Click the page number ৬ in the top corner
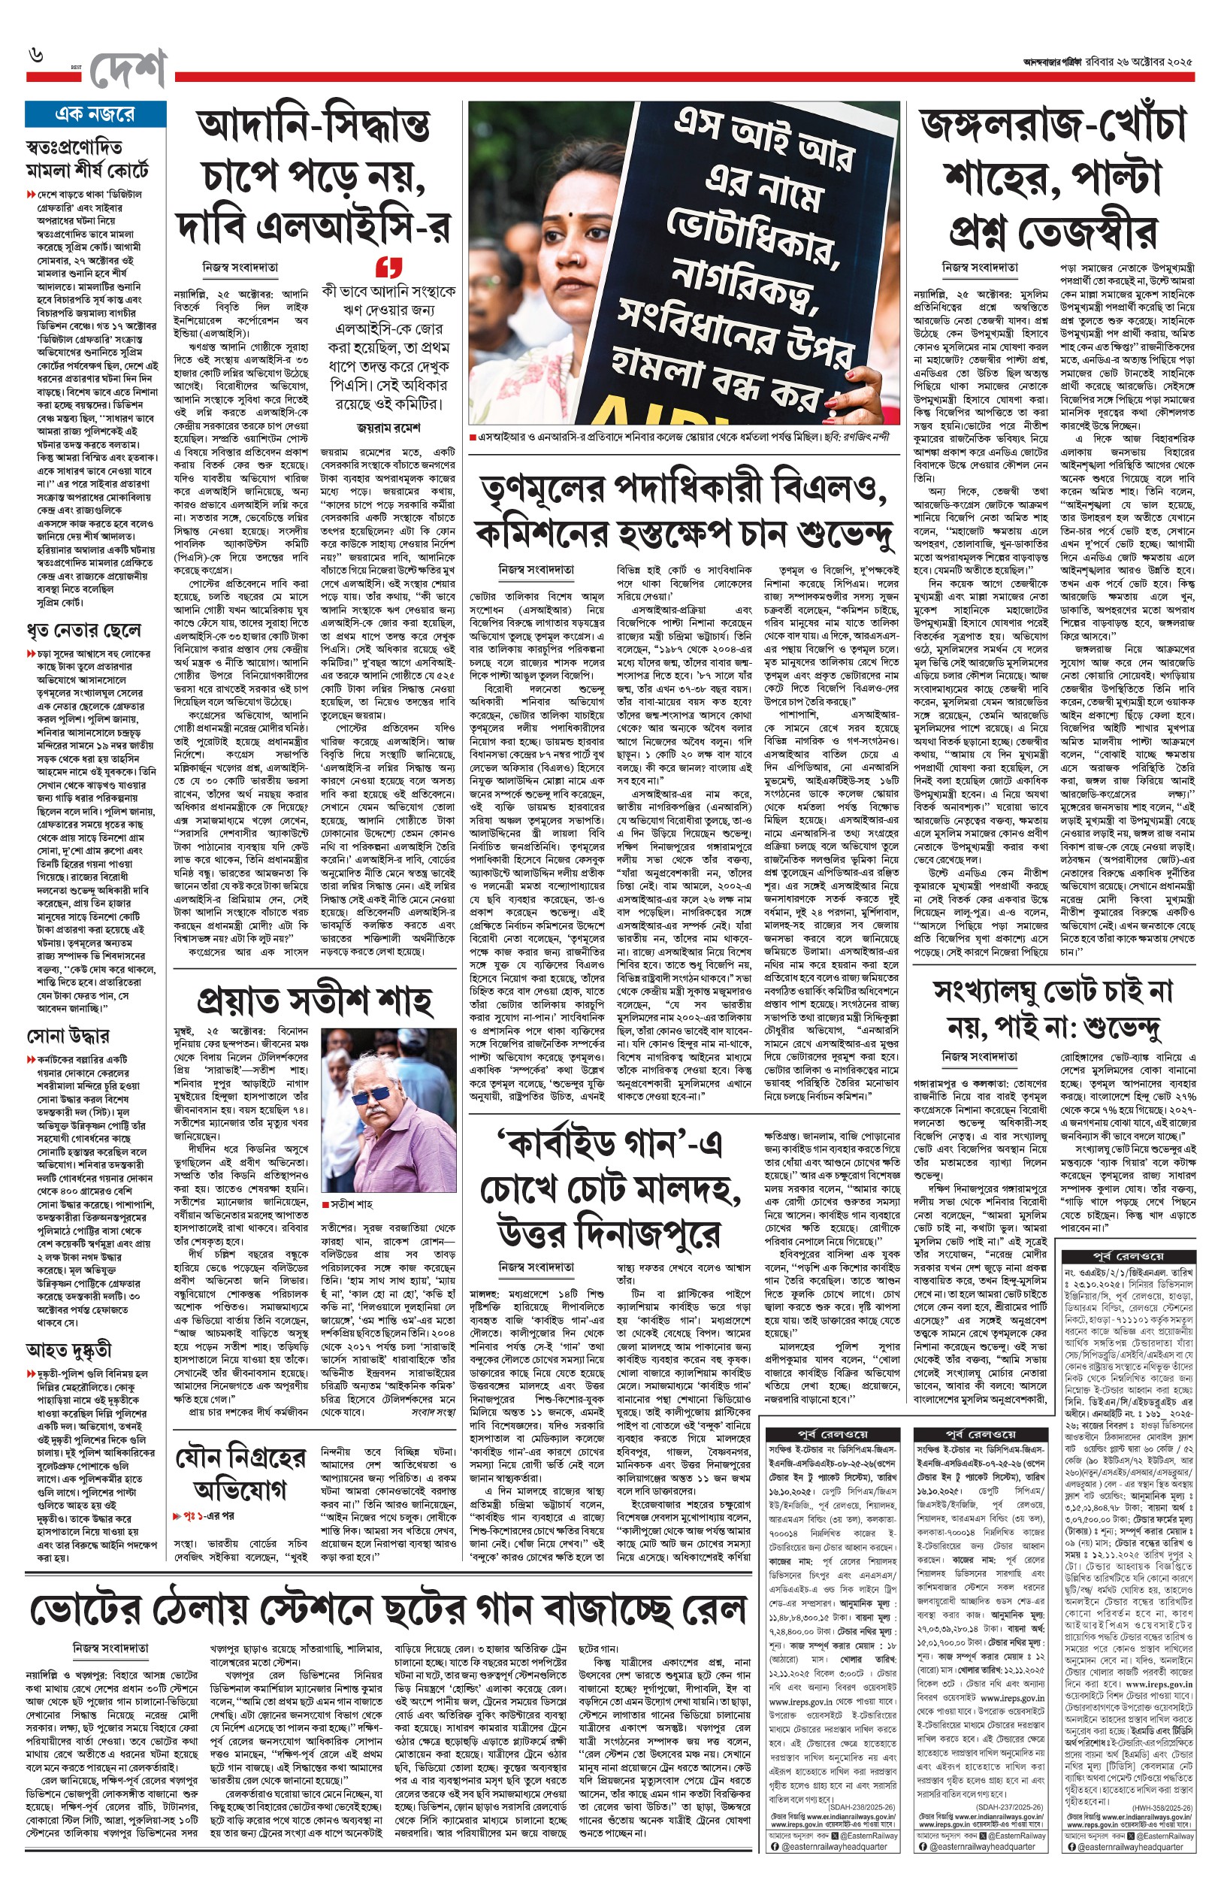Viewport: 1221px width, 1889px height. (37, 56)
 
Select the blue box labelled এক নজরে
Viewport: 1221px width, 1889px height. (95, 114)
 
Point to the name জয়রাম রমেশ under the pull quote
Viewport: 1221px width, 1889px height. (388, 428)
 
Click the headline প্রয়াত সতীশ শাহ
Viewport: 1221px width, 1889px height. (315, 1001)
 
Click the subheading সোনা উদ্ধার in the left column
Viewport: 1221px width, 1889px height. (68, 1036)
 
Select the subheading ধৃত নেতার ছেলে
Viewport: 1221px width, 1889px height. (83, 631)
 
